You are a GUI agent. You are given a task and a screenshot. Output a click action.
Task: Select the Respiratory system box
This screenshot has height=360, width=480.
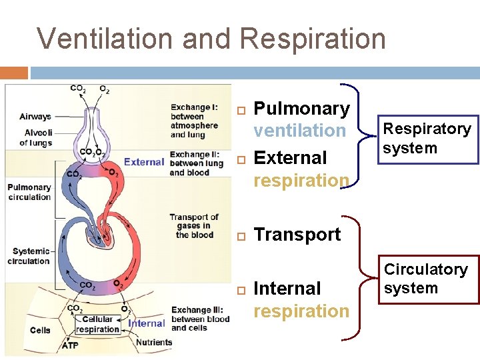(426, 139)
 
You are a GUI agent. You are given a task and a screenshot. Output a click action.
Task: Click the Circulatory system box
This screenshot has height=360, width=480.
(426, 279)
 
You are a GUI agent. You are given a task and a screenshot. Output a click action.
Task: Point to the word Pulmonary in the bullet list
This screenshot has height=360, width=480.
(302, 109)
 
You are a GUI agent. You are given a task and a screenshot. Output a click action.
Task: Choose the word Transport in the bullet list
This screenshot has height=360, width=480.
(297, 235)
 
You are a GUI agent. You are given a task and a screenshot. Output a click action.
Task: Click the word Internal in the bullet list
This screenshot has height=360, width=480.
(287, 289)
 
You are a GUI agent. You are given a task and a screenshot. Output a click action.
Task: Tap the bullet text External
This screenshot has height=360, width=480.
(291, 158)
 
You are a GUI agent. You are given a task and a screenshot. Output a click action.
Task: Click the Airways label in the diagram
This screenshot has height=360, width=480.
(35, 117)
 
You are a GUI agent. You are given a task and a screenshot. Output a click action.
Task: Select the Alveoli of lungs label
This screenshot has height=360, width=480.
(36, 137)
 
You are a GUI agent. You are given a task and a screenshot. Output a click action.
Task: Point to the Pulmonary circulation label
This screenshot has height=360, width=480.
(29, 192)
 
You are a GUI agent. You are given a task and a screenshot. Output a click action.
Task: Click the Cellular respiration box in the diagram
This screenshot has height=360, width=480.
(97, 324)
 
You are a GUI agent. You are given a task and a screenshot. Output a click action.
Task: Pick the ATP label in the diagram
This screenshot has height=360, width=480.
(69, 345)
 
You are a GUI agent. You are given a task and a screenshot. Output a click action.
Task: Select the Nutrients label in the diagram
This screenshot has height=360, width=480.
(153, 343)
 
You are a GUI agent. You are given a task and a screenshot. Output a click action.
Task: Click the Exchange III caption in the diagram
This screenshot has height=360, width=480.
(200, 319)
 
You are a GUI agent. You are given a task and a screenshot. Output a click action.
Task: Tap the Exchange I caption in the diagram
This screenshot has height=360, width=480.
(194, 121)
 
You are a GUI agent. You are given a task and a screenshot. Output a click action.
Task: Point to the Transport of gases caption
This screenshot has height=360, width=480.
(193, 226)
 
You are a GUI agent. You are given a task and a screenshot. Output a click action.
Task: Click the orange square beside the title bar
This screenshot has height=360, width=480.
(14, 73)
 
